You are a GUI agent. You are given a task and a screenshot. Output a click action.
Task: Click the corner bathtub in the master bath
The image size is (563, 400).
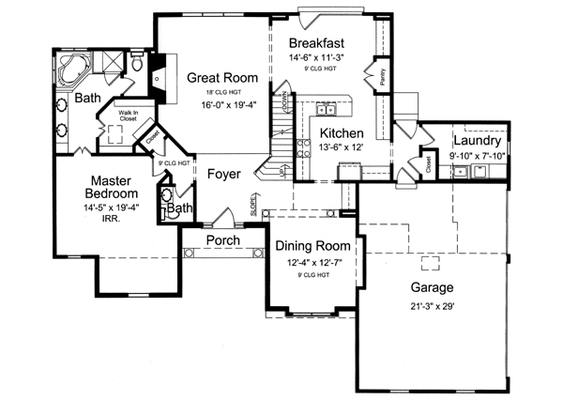[71, 69]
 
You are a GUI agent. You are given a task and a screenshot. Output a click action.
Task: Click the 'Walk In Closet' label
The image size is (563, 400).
[129, 116]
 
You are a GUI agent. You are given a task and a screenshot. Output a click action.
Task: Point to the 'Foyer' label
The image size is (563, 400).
[224, 175]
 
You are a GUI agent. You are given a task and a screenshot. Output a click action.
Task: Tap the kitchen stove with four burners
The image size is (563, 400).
[304, 146]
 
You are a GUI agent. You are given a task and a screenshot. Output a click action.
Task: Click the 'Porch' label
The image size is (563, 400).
[222, 240]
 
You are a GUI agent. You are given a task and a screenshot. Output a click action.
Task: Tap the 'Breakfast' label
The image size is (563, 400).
[317, 43]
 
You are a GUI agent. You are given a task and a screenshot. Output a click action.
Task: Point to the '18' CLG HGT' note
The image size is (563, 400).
[216, 94]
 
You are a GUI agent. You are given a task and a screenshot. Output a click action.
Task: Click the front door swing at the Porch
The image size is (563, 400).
[221, 220]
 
